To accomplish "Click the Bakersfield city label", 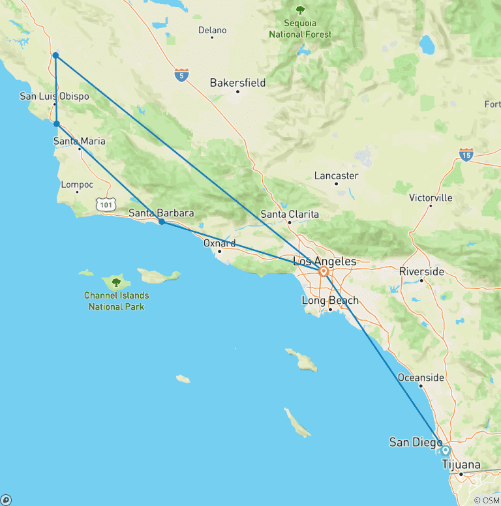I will [238, 83].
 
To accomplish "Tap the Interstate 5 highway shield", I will [181, 76].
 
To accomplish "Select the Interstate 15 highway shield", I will [466, 155].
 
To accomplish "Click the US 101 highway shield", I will [106, 205].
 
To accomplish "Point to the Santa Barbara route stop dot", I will [162, 222].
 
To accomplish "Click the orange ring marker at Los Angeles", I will [323, 272].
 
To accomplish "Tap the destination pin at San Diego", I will [446, 450].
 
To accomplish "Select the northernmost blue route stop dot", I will [55, 55].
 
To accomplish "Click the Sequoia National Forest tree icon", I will [300, 10].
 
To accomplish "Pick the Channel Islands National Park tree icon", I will [116, 282].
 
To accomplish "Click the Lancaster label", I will [336, 175].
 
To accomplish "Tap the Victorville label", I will [431, 198].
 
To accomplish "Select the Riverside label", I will [421, 271].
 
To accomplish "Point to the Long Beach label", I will [330, 301].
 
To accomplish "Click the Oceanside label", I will [421, 378].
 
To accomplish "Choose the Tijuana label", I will [461, 465].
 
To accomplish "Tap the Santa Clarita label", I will [290, 214].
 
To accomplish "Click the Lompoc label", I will [77, 185].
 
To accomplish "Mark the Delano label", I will [212, 30].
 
